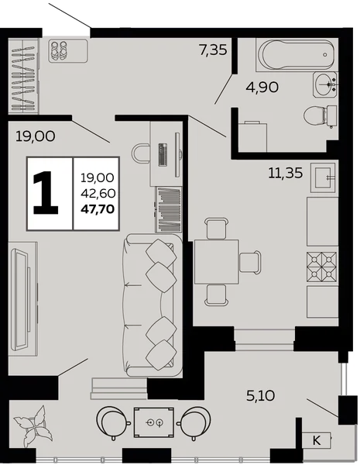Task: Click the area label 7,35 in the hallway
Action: pyautogui.click(x=213, y=50)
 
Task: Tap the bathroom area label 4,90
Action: pyautogui.click(x=262, y=88)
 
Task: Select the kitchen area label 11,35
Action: pyautogui.click(x=286, y=173)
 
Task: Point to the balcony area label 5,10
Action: pyautogui.click(x=261, y=395)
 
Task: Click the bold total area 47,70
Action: pyautogui.click(x=98, y=209)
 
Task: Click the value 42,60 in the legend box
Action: pyautogui.click(x=98, y=193)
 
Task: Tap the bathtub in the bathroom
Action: pyautogui.click(x=297, y=54)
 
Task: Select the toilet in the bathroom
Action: pyautogui.click(x=321, y=115)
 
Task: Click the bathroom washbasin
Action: pyautogui.click(x=325, y=84)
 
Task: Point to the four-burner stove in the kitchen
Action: pyautogui.click(x=322, y=267)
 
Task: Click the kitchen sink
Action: pyautogui.click(x=323, y=177)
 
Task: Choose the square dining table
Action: pyautogui.click(x=217, y=262)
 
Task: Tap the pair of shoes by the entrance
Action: pyautogui.click(x=59, y=51)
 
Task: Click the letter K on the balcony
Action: pyautogui.click(x=317, y=440)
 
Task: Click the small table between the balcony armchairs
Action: pyautogui.click(x=154, y=422)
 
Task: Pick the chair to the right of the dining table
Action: pyautogui.click(x=250, y=262)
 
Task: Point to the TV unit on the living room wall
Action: pyautogui.click(x=23, y=299)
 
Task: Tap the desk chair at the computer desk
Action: pyautogui.click(x=141, y=153)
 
